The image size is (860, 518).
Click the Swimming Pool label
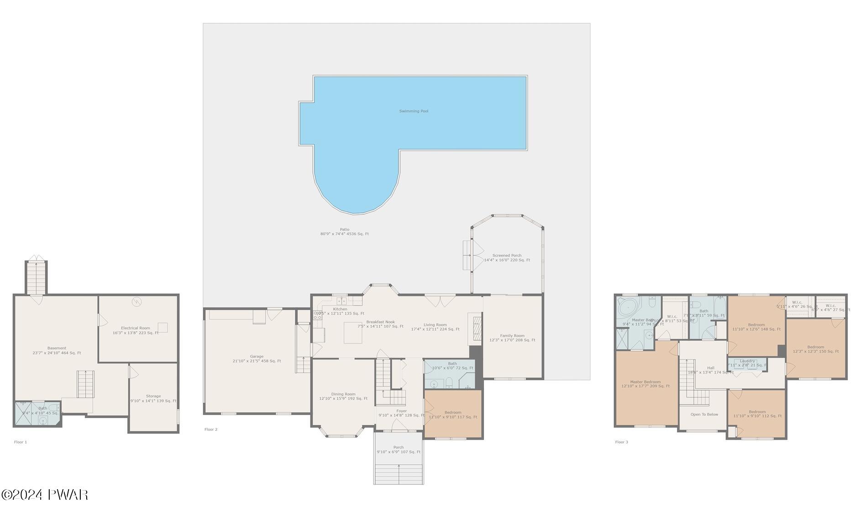click(x=414, y=111)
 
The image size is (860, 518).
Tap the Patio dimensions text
click(x=344, y=234)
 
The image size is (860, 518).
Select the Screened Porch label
click(x=507, y=255)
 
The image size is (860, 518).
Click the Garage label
click(x=257, y=356)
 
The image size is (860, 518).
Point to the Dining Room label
click(x=343, y=394)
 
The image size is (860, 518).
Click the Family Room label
click(x=512, y=335)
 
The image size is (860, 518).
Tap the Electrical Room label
click(x=136, y=328)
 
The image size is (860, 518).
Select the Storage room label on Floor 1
click(x=153, y=396)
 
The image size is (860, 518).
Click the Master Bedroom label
click(x=645, y=382)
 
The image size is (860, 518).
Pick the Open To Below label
click(x=704, y=414)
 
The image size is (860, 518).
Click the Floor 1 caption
click(x=21, y=442)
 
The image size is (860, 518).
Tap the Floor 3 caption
click(x=621, y=442)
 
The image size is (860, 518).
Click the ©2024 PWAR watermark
click(x=44, y=495)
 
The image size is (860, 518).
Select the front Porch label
click(x=398, y=447)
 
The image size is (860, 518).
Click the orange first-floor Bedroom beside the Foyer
click(x=453, y=414)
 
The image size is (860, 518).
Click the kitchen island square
click(x=353, y=333)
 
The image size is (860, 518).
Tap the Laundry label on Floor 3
click(x=747, y=361)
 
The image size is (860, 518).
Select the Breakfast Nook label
click(x=380, y=322)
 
